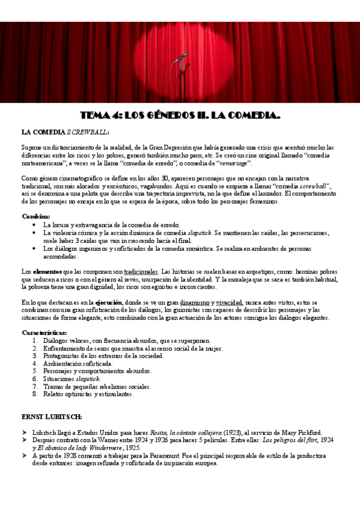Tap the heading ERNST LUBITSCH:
pyautogui.click(x=52, y=416)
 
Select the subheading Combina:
pyautogui.click(x=36, y=216)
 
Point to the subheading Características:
pyautogui.click(x=44, y=332)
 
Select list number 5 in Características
pyautogui.click(x=36, y=371)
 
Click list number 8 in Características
pyautogui.click(x=36, y=395)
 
